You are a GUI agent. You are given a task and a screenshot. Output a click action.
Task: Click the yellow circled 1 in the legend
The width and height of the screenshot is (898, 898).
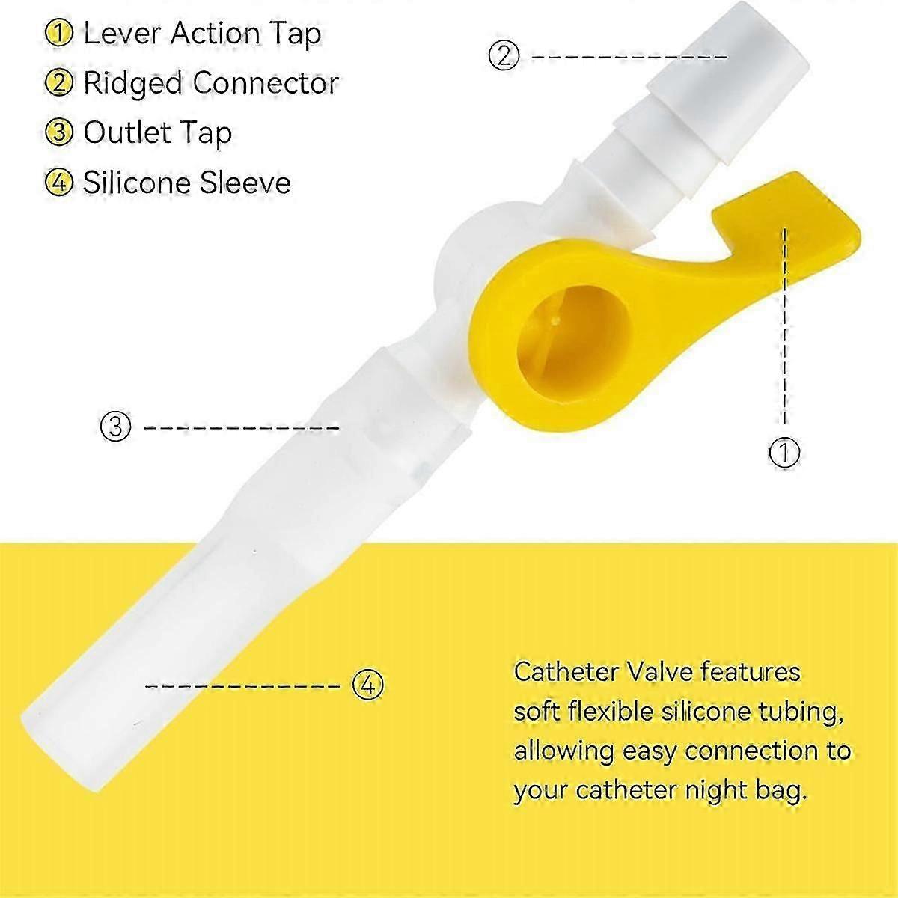click(x=58, y=34)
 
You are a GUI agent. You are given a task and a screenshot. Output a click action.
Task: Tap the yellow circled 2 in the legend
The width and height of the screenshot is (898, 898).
click(x=58, y=83)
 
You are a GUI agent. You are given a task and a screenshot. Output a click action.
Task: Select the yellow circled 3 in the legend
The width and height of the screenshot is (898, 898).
click(x=58, y=132)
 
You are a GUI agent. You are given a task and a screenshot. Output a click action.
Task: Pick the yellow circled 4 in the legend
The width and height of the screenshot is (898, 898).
click(x=58, y=183)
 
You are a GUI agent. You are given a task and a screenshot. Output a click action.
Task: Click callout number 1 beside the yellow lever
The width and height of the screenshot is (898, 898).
click(x=784, y=452)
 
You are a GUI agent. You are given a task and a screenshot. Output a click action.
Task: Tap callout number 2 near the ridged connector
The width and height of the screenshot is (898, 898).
click(x=503, y=56)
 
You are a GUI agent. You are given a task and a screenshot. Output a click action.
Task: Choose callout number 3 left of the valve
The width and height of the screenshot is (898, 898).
click(x=115, y=427)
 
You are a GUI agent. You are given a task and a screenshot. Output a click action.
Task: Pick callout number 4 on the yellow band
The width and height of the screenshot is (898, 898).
click(x=367, y=684)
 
